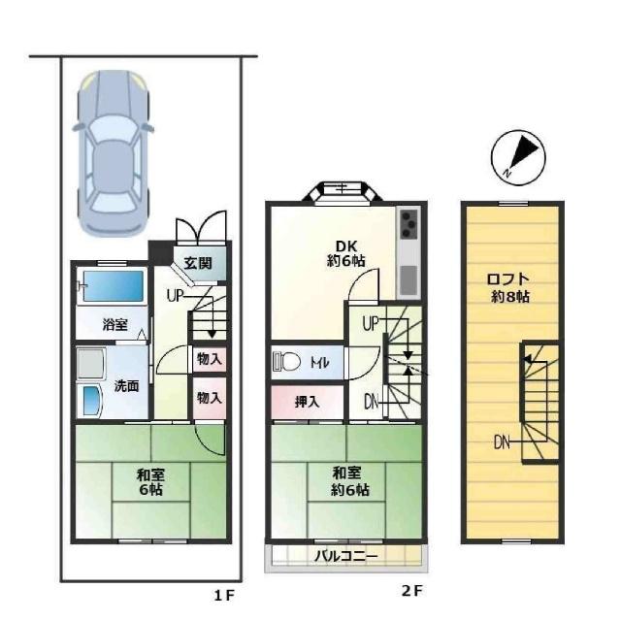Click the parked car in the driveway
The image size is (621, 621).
(x=113, y=153)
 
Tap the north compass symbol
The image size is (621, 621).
(x=518, y=157)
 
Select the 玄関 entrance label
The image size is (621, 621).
(x=198, y=263)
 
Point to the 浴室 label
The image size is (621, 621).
(x=114, y=324)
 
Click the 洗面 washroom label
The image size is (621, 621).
(x=127, y=386)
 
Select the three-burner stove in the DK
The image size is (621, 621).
(x=409, y=224)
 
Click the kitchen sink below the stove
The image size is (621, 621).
(x=409, y=280)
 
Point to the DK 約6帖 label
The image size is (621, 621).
(x=346, y=253)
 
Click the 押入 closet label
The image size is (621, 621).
(x=307, y=402)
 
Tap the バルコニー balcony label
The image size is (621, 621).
(x=345, y=556)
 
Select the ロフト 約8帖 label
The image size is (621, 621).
(x=509, y=288)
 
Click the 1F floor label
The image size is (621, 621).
(x=224, y=595)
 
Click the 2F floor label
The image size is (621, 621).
(x=412, y=591)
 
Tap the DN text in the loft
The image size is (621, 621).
(x=502, y=442)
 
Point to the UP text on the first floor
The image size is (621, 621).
(x=175, y=295)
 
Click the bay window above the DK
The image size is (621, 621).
(x=343, y=192)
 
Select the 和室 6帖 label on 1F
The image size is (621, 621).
(x=150, y=482)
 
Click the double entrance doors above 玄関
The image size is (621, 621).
(x=201, y=228)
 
